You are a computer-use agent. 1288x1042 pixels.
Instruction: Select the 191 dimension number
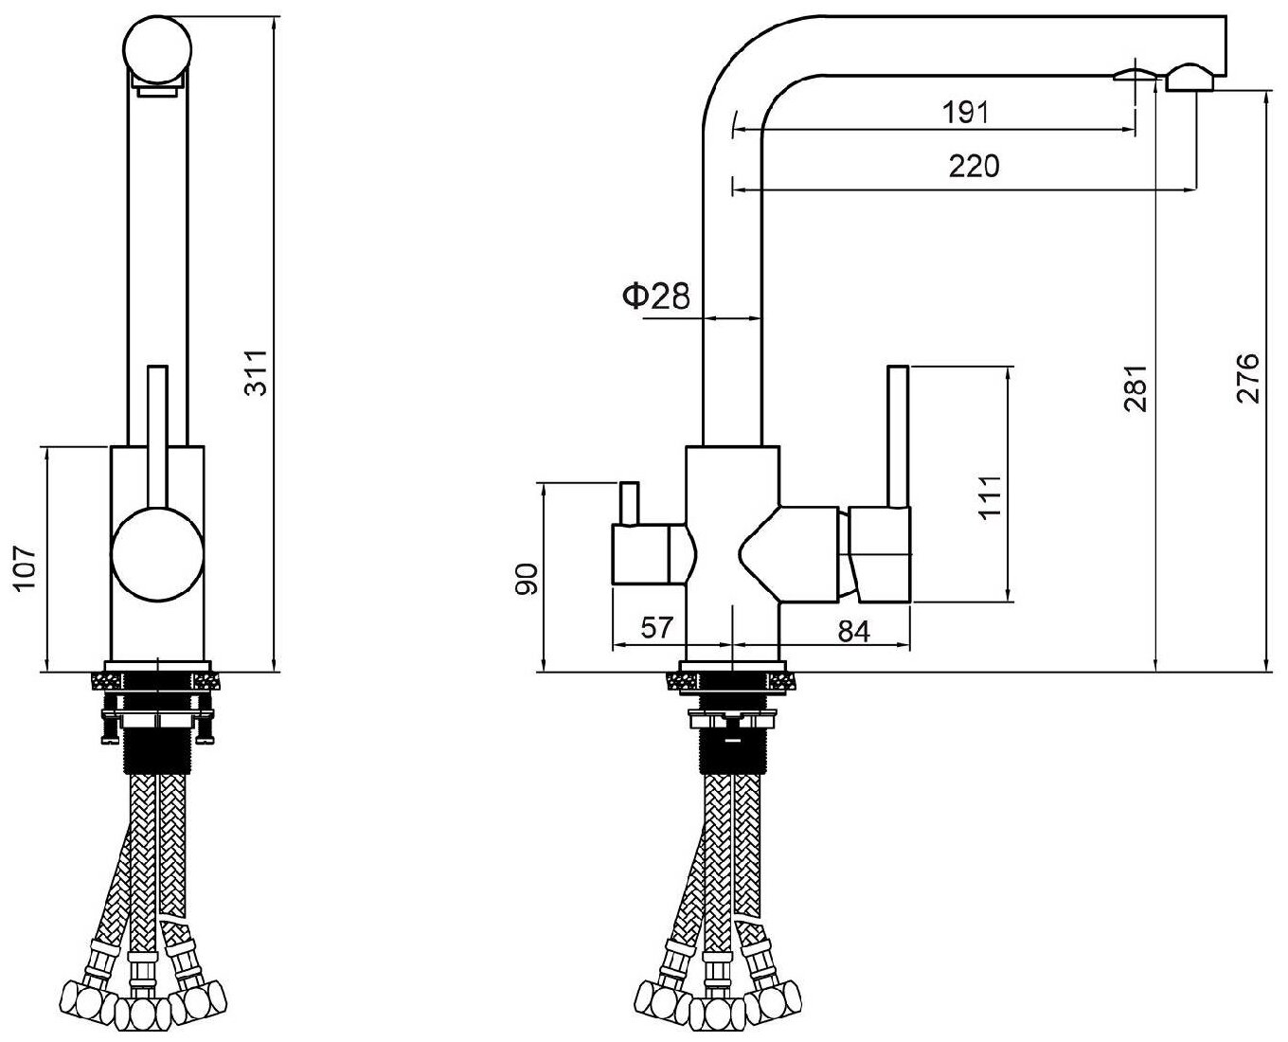(x=965, y=113)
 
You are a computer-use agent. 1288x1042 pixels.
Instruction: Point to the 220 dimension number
(x=974, y=166)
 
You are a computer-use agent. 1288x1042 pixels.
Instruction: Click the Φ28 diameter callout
(x=655, y=296)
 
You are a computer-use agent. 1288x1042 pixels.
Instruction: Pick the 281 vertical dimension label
(x=1136, y=388)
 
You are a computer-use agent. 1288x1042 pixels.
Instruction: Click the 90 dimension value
(x=527, y=578)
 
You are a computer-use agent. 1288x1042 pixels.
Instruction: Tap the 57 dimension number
(x=656, y=628)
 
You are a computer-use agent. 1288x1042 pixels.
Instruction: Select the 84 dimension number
(x=853, y=631)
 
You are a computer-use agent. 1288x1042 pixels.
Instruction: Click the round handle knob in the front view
(x=157, y=553)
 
